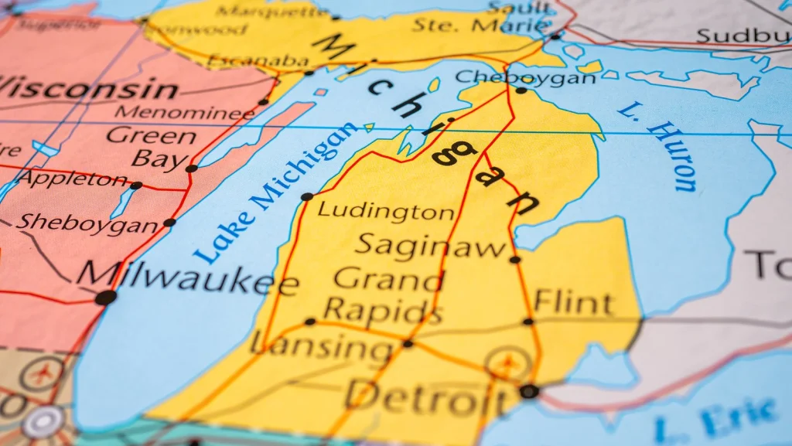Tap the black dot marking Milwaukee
106,297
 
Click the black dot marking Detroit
529,391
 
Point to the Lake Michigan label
274,192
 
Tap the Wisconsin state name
88,88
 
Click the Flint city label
573,302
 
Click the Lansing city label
323,347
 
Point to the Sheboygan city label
87,223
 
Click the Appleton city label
73,179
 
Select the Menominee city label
184,113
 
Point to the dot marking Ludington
307,196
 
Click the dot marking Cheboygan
521,90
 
